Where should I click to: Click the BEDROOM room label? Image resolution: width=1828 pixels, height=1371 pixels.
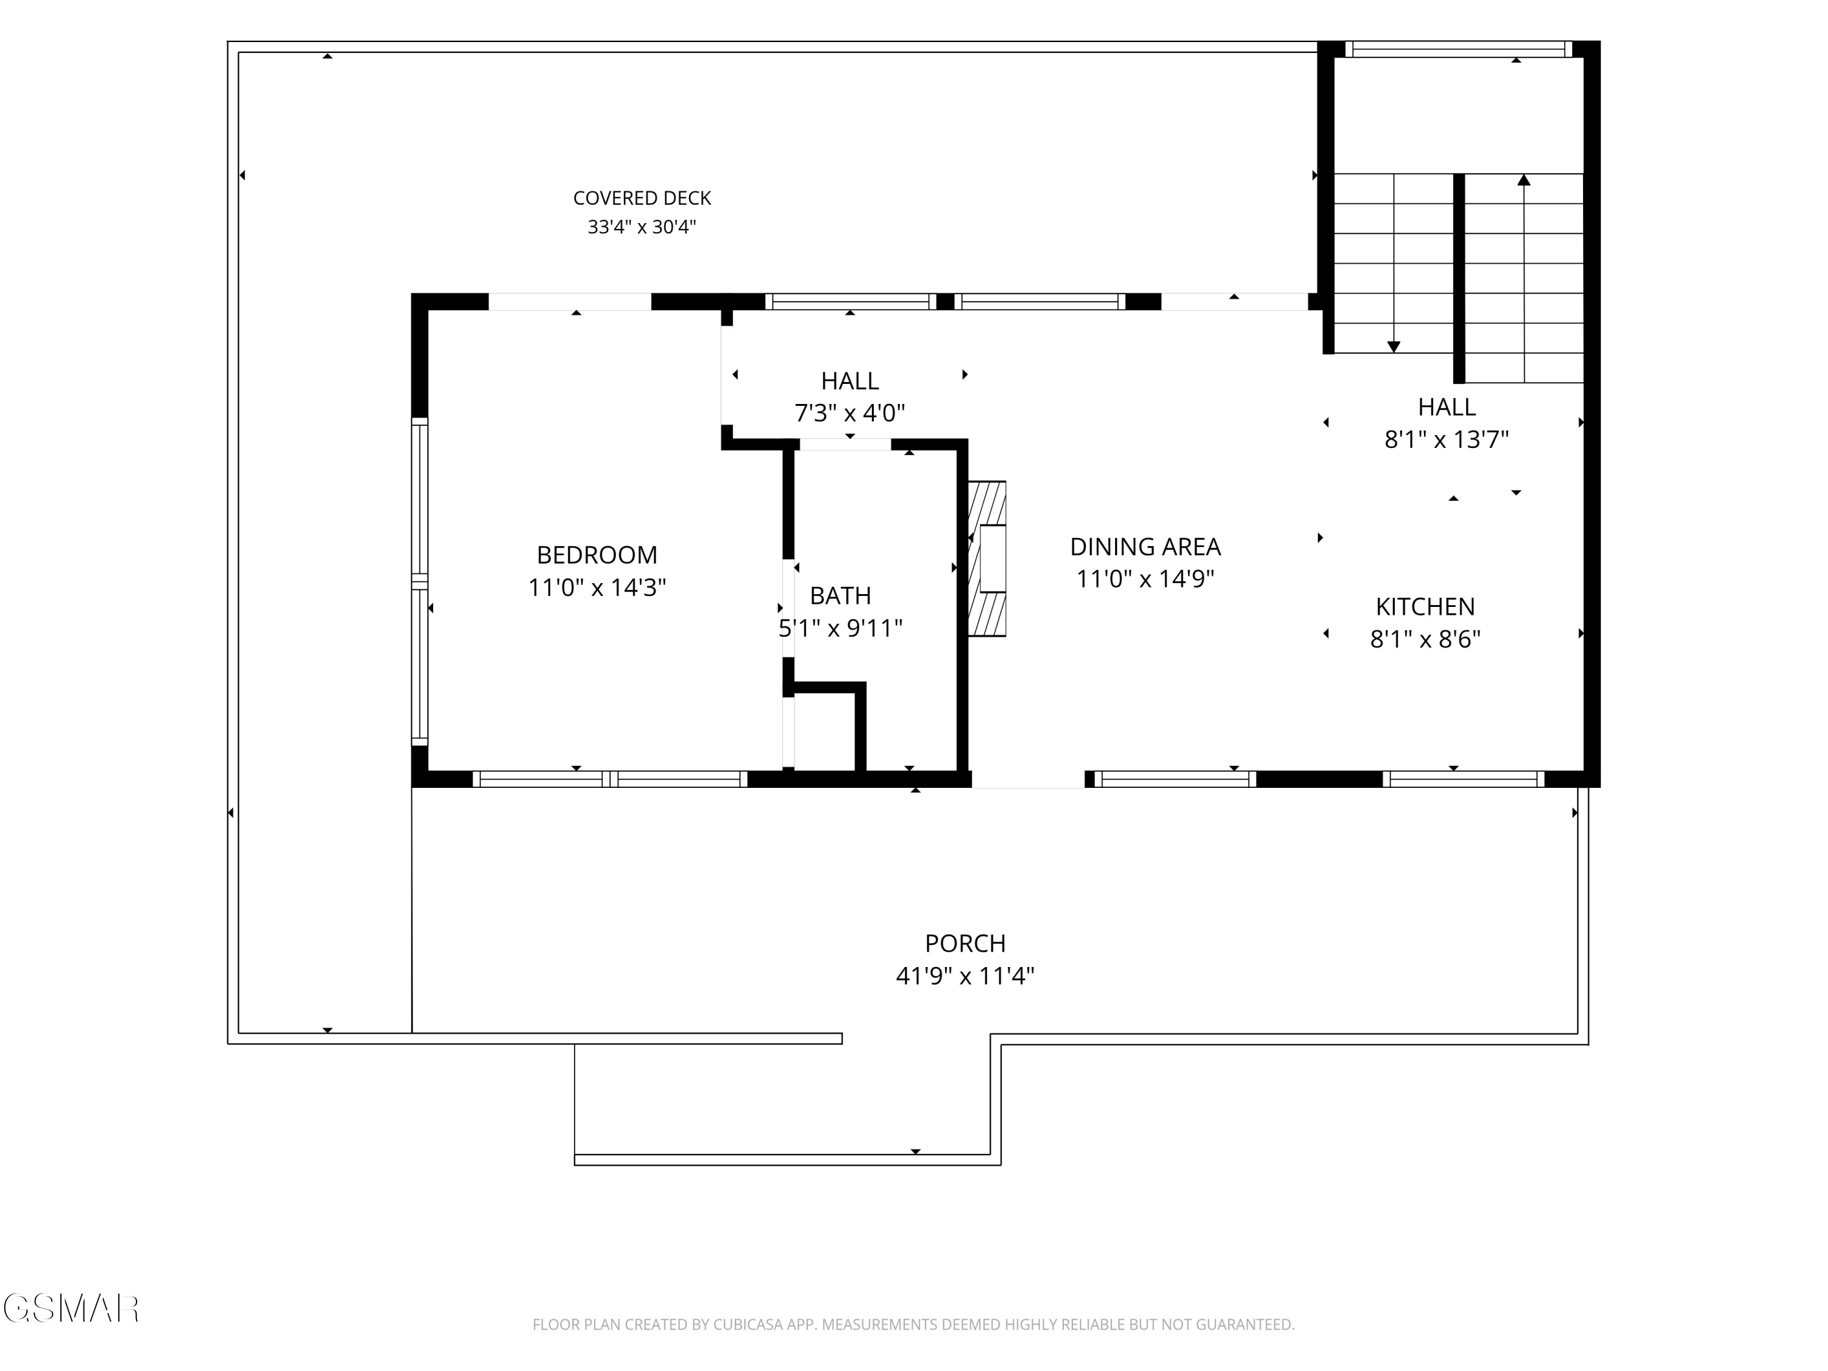click(597, 554)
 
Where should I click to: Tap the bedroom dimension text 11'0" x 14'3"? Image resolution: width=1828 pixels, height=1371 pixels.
click(597, 587)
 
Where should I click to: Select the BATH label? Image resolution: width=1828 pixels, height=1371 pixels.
click(840, 596)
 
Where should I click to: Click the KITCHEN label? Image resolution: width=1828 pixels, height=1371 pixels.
click(1425, 606)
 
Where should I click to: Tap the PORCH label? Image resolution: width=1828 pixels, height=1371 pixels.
click(965, 943)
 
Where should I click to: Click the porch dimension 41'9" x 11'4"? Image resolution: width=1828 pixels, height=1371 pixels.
click(965, 976)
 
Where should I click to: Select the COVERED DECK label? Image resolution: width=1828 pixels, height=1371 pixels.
click(642, 198)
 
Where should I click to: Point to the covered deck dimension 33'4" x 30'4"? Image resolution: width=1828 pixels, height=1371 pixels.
click(642, 227)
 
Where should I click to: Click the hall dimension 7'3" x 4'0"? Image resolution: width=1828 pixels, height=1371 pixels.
click(849, 413)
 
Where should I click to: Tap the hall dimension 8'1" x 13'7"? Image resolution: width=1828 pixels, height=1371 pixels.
click(1446, 440)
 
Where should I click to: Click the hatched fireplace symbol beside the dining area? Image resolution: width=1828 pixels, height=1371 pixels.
click(988, 559)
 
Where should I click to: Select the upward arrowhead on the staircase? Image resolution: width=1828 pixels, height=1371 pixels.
click(1524, 179)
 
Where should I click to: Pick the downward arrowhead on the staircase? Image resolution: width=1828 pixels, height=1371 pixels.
click(1394, 347)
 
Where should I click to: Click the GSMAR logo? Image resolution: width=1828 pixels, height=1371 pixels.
click(71, 1308)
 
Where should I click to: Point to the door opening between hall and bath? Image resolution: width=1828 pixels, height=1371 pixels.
click(845, 445)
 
